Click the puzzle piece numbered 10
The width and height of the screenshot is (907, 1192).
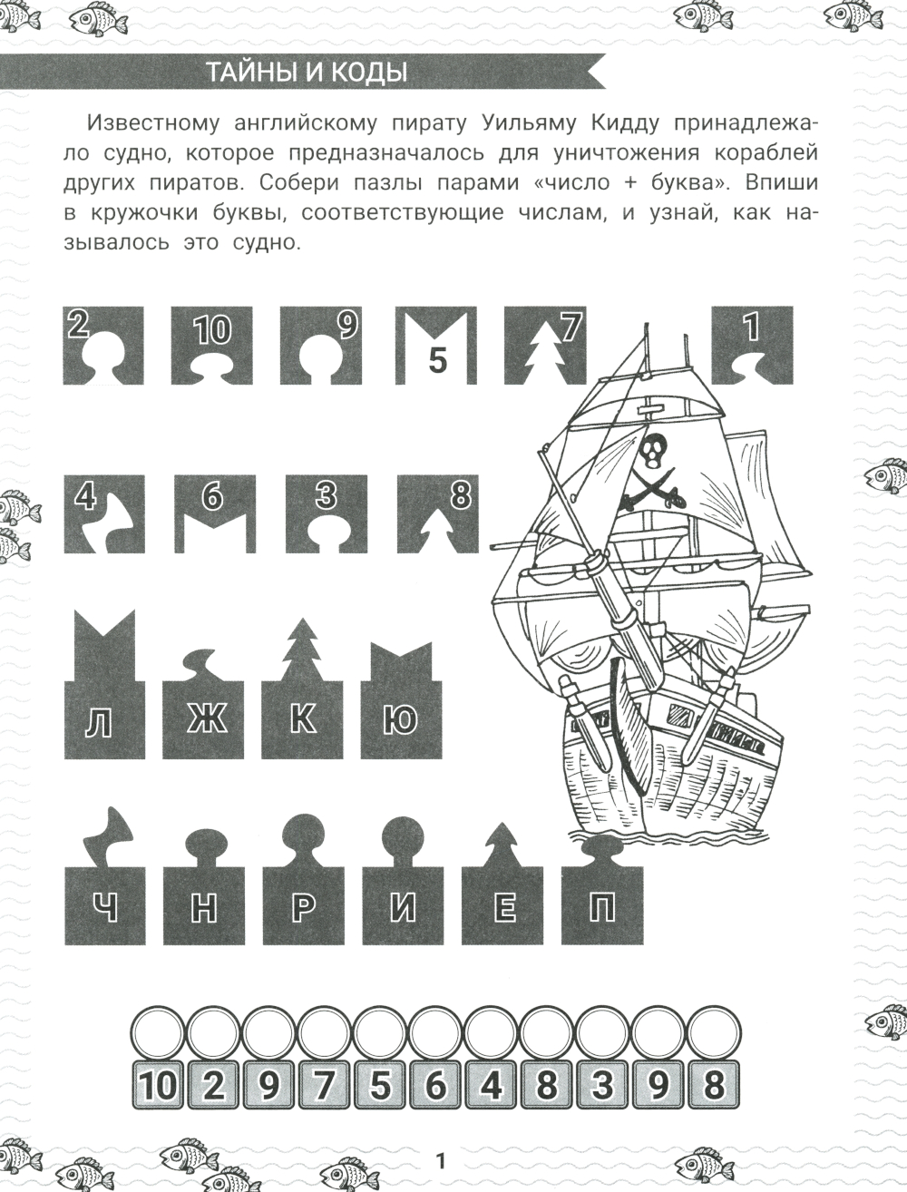click(211, 345)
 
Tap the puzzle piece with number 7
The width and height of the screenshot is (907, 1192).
click(545, 345)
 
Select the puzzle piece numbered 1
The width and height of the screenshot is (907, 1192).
click(752, 345)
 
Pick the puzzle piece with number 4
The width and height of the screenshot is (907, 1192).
click(104, 513)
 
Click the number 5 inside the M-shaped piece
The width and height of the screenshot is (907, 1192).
click(437, 360)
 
